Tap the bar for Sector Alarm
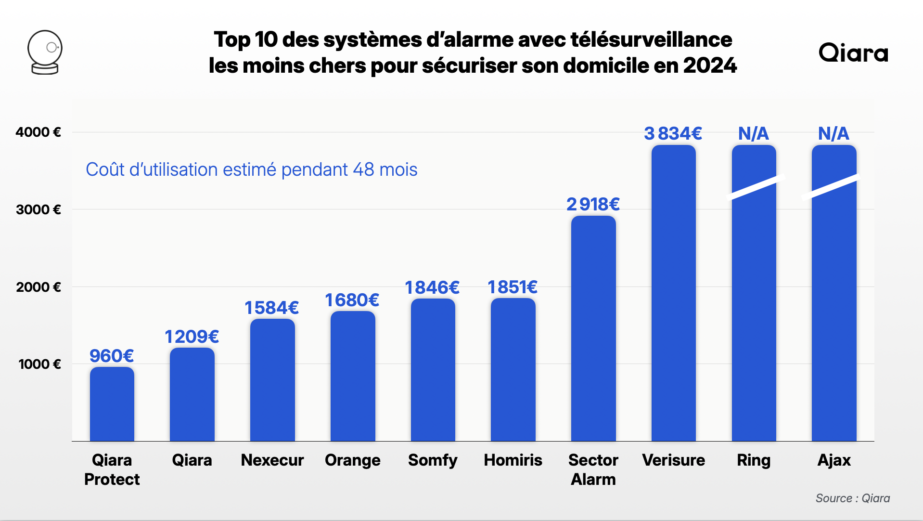point(593,328)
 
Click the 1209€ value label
point(192,337)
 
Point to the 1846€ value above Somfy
point(432,287)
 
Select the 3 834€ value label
point(673,133)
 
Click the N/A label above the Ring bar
point(754,133)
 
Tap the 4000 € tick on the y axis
point(38,132)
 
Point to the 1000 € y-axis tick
point(40,364)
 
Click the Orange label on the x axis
point(352,460)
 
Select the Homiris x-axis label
point(513,460)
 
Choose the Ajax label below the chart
point(834,460)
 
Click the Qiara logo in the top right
point(853,53)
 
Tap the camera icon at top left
point(45,52)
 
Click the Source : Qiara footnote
point(852,498)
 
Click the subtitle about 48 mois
point(251,169)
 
